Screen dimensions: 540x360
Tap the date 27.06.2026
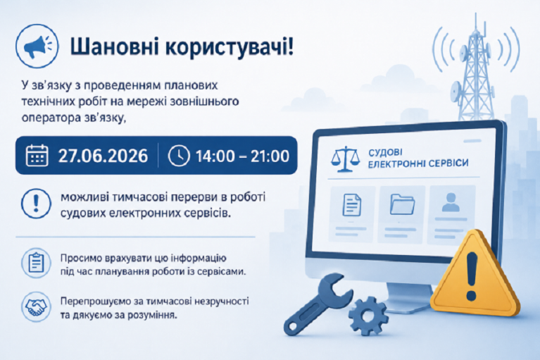(x=103, y=156)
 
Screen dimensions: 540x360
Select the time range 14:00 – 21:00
(x=242, y=156)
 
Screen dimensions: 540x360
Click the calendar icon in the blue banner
(x=37, y=156)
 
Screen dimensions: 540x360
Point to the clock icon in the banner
(x=179, y=156)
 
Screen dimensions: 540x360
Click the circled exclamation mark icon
(x=36, y=204)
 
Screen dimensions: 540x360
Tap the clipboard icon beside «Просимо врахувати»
(x=36, y=263)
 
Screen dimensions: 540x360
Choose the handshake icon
(x=36, y=306)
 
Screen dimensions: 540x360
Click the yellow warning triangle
(x=475, y=275)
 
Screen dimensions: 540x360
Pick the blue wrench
(x=317, y=304)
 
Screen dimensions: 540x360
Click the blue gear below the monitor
(x=368, y=316)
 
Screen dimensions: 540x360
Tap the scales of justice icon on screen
(x=345, y=159)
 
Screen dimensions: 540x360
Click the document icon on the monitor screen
(x=352, y=205)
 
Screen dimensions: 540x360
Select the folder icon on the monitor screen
(x=402, y=204)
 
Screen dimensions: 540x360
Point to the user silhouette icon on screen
(x=451, y=202)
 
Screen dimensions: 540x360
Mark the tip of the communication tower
(x=476, y=13)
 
